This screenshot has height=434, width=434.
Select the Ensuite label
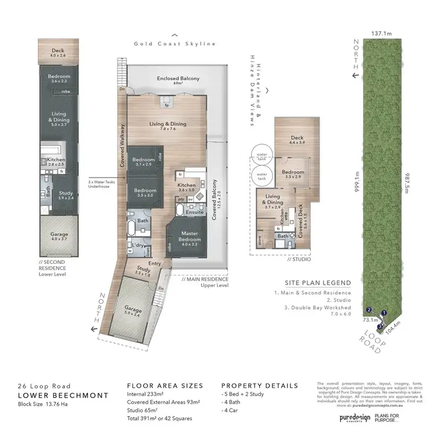click(x=194, y=212)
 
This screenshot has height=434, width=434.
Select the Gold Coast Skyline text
click(x=175, y=43)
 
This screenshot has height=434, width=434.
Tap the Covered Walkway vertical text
click(x=122, y=146)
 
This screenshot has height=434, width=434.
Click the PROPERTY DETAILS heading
click(x=259, y=385)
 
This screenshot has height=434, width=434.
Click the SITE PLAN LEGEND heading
click(x=317, y=283)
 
